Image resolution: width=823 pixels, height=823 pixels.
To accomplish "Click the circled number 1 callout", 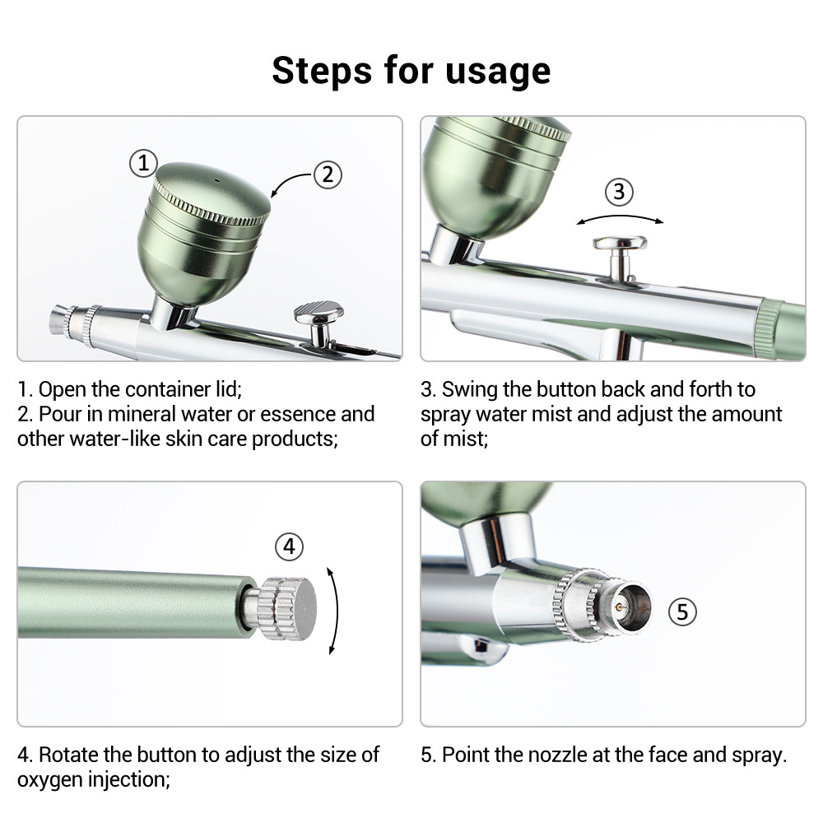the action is click(143, 163).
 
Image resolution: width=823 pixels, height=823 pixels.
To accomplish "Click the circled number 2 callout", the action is click(328, 174).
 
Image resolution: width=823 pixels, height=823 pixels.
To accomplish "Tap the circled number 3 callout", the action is click(620, 192).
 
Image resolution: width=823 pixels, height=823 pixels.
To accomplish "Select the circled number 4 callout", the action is click(289, 547).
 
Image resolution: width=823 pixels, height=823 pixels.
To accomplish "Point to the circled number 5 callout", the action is click(682, 612).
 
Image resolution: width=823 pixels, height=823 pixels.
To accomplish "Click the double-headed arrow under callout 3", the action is click(620, 216).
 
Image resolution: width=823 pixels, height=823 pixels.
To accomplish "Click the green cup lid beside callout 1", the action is click(212, 194).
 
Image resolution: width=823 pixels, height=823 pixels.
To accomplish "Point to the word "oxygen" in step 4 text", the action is click(49, 780).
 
